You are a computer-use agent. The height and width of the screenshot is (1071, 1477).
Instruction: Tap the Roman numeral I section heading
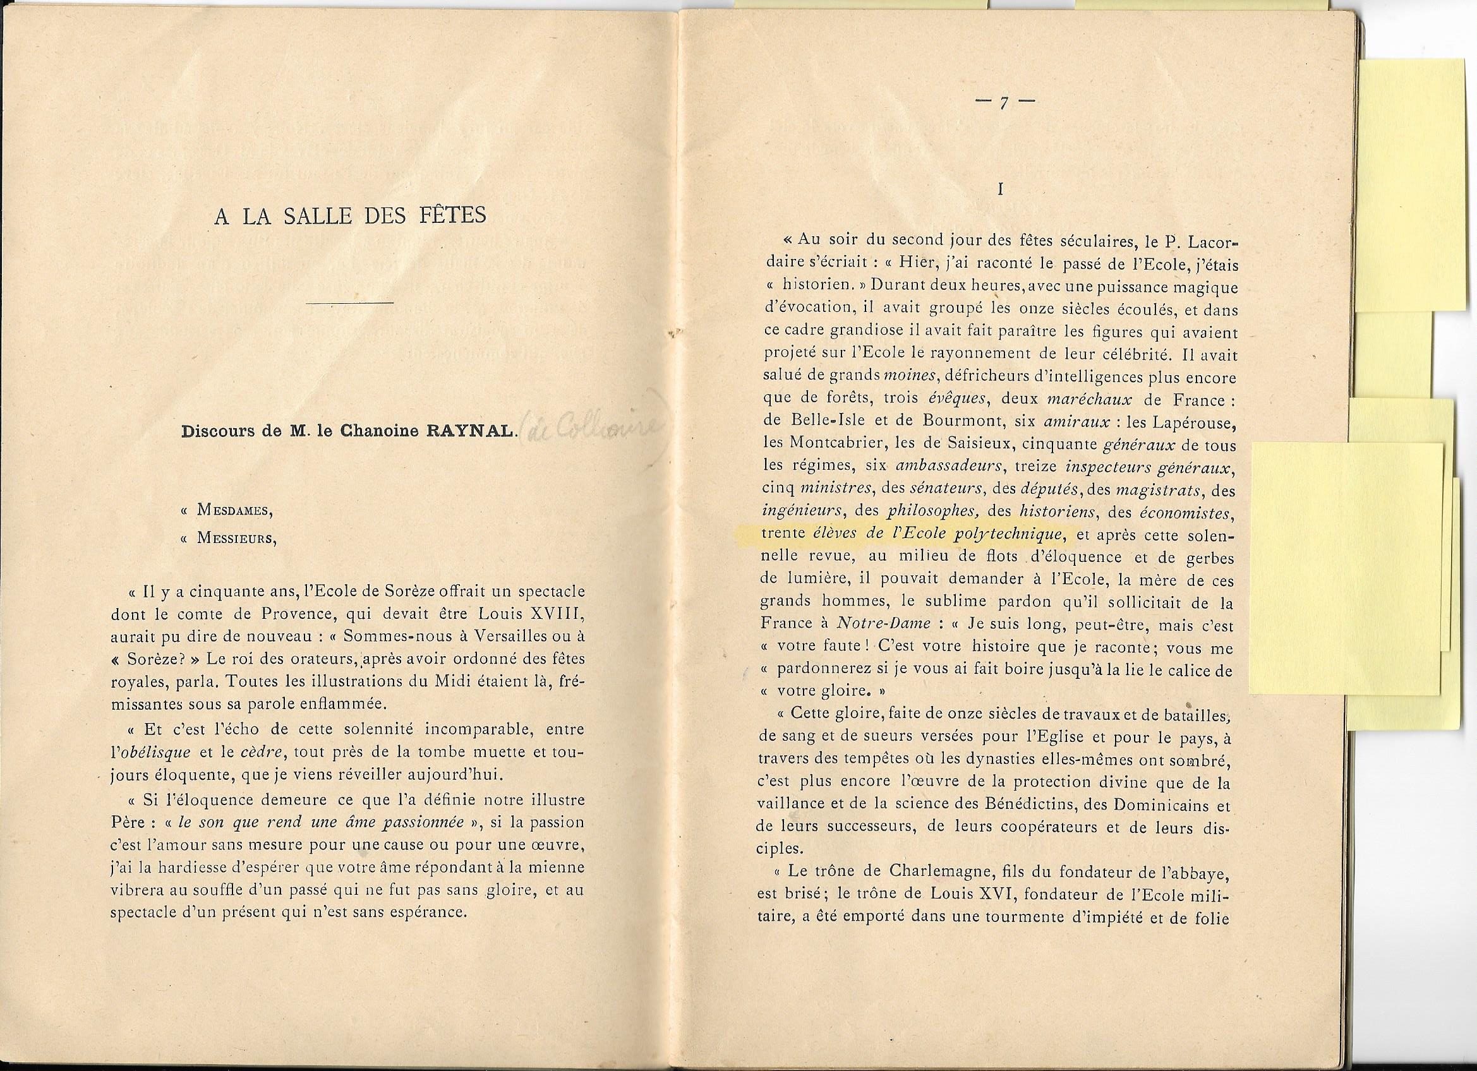click(999, 189)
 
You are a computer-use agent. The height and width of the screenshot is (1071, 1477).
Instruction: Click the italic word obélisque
click(151, 752)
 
